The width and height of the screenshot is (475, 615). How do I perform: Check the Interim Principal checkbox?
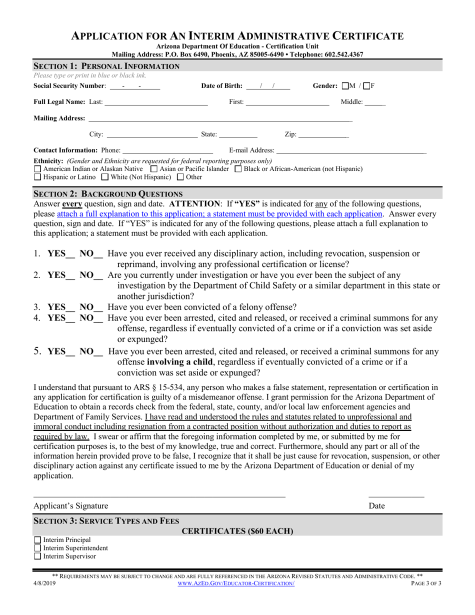coord(37,540)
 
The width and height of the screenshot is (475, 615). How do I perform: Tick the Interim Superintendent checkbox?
coord(37,548)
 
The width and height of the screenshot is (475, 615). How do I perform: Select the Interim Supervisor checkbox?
coord(37,556)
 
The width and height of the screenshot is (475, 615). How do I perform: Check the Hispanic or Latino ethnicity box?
coord(37,177)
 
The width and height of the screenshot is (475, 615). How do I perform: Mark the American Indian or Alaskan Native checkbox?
coord(37,169)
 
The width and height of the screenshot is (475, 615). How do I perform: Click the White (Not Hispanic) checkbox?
coord(104,177)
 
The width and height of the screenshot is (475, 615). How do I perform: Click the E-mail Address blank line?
coord(350,150)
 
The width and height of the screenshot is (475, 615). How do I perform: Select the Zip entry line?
coord(323,134)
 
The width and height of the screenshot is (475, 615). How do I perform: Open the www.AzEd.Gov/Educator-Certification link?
coord(236,584)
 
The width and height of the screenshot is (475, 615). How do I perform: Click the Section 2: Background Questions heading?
coord(108,193)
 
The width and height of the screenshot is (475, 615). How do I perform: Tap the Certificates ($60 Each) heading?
coord(237,531)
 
